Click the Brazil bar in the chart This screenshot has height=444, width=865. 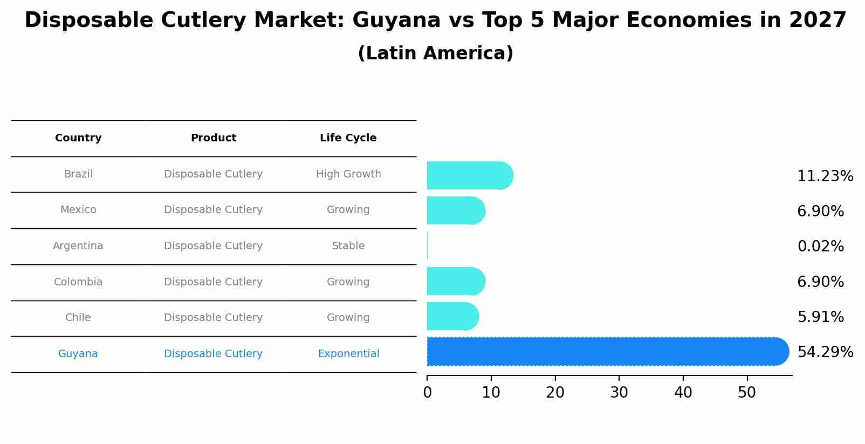(469, 175)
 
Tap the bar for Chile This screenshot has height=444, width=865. (452, 316)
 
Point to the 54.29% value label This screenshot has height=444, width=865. (825, 352)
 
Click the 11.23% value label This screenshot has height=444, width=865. (825, 176)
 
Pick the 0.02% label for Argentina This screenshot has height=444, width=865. (820, 247)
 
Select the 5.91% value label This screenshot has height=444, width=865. (820, 317)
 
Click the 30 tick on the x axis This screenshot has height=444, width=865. (619, 393)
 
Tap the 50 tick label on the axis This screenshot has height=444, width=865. (747, 393)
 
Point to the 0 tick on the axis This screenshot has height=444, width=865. (427, 393)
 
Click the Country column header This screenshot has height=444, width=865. (78, 138)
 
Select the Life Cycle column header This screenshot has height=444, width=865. (348, 138)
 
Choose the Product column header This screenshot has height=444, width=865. (214, 138)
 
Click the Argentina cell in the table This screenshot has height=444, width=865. (78, 246)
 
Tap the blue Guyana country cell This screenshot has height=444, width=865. (78, 354)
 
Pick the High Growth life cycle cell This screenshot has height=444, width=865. (348, 174)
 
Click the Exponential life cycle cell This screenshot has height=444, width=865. (348, 354)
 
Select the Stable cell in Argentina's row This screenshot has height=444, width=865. (348, 246)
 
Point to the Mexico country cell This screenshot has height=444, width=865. (78, 210)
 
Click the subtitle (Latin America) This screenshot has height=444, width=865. (435, 53)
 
